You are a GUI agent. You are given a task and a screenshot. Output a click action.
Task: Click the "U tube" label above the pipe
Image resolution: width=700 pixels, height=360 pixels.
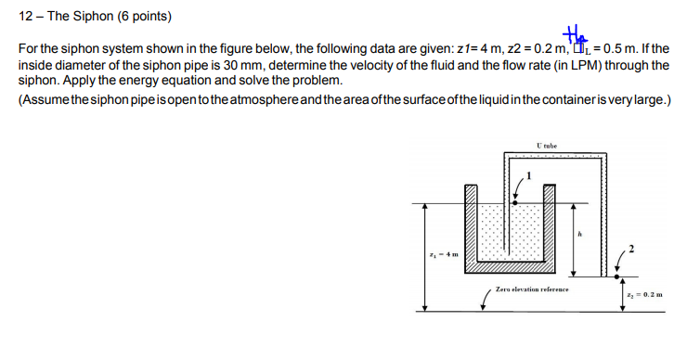(546, 146)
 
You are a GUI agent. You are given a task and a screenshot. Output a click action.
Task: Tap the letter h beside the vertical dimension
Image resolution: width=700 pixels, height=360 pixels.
(580, 234)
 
